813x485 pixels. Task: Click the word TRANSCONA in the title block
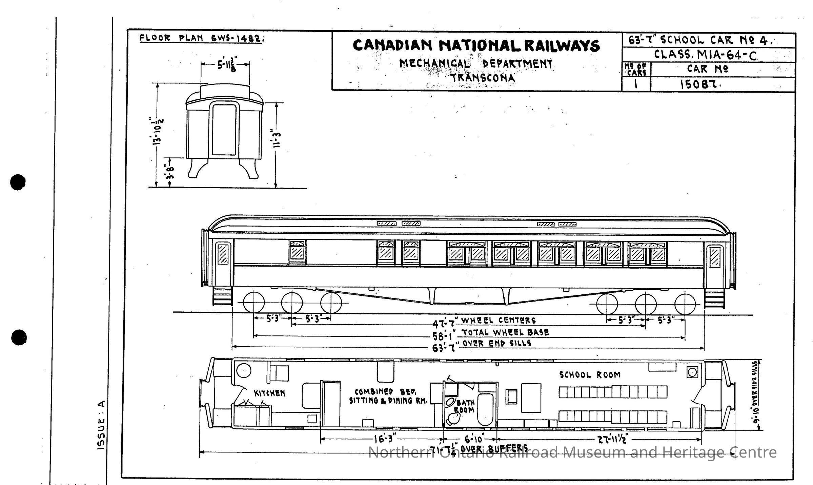(x=483, y=78)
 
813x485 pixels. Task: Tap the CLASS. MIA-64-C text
(x=705, y=55)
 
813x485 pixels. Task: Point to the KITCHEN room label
(x=269, y=393)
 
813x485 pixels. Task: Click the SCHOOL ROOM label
(x=590, y=375)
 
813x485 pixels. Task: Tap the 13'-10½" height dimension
(x=158, y=131)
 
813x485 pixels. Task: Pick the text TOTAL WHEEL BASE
(x=505, y=332)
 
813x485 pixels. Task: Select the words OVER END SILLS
(x=497, y=343)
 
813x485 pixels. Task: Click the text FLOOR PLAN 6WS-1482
(x=202, y=38)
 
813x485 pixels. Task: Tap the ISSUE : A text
(x=102, y=425)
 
